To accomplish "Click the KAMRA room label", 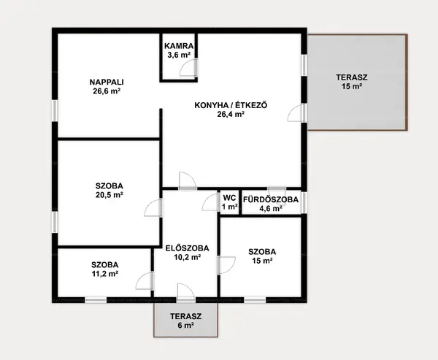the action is tap(179, 46).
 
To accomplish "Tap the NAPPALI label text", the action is tap(107, 83).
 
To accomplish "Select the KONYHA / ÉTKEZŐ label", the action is tap(231, 105).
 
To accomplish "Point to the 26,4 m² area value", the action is tap(231, 115).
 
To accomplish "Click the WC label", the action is tap(230, 198).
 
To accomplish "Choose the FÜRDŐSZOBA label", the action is tap(271, 199).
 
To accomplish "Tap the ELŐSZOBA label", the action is tap(187, 248).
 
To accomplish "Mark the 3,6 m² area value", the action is tap(179, 55).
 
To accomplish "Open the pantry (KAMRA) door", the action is tap(188, 68).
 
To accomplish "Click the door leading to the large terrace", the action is tap(297, 113).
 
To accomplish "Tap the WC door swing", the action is tap(210, 202).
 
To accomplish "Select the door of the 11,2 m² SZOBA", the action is tap(145, 281).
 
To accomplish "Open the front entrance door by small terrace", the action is tap(186, 293).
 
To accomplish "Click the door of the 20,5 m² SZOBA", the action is tap(153, 208).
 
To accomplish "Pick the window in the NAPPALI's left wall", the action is tap(55, 111).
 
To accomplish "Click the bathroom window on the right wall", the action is tap(304, 202).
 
